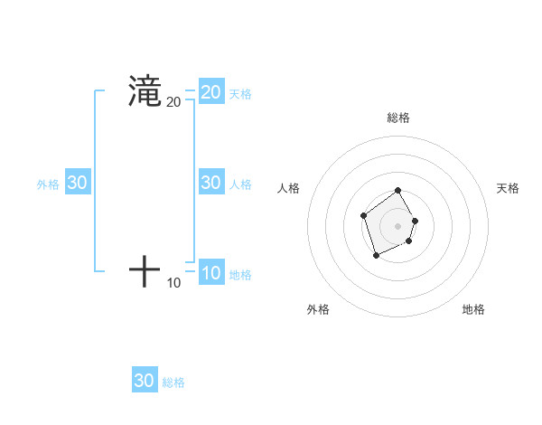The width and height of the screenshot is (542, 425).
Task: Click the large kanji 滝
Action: click(x=145, y=91)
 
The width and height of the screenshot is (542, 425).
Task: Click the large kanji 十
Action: click(x=145, y=271)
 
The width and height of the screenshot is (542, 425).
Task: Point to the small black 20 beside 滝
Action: click(x=173, y=102)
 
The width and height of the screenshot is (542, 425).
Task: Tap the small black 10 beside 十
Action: click(x=173, y=283)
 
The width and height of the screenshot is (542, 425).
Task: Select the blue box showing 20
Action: click(x=211, y=92)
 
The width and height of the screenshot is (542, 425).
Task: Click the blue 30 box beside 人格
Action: click(x=211, y=183)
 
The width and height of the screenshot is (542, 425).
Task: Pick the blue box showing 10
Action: click(x=211, y=273)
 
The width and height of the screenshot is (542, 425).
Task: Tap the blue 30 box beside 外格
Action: click(x=78, y=183)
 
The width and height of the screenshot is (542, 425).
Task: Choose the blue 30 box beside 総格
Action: click(x=145, y=381)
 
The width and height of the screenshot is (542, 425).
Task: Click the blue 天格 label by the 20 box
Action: click(x=240, y=94)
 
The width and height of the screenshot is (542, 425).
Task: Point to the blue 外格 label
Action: click(x=48, y=184)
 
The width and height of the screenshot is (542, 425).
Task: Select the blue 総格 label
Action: click(x=173, y=382)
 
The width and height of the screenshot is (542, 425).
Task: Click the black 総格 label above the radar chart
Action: click(x=398, y=118)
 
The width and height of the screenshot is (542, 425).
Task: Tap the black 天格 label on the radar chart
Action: click(x=508, y=188)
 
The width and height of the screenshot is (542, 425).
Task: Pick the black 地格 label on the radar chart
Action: click(x=473, y=309)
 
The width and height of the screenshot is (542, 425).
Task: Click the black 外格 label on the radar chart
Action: click(x=318, y=309)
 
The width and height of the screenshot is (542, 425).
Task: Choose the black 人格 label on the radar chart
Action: click(x=289, y=188)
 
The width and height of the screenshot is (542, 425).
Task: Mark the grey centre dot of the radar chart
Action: click(x=398, y=226)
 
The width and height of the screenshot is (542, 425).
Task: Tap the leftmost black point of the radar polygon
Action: click(x=363, y=215)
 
